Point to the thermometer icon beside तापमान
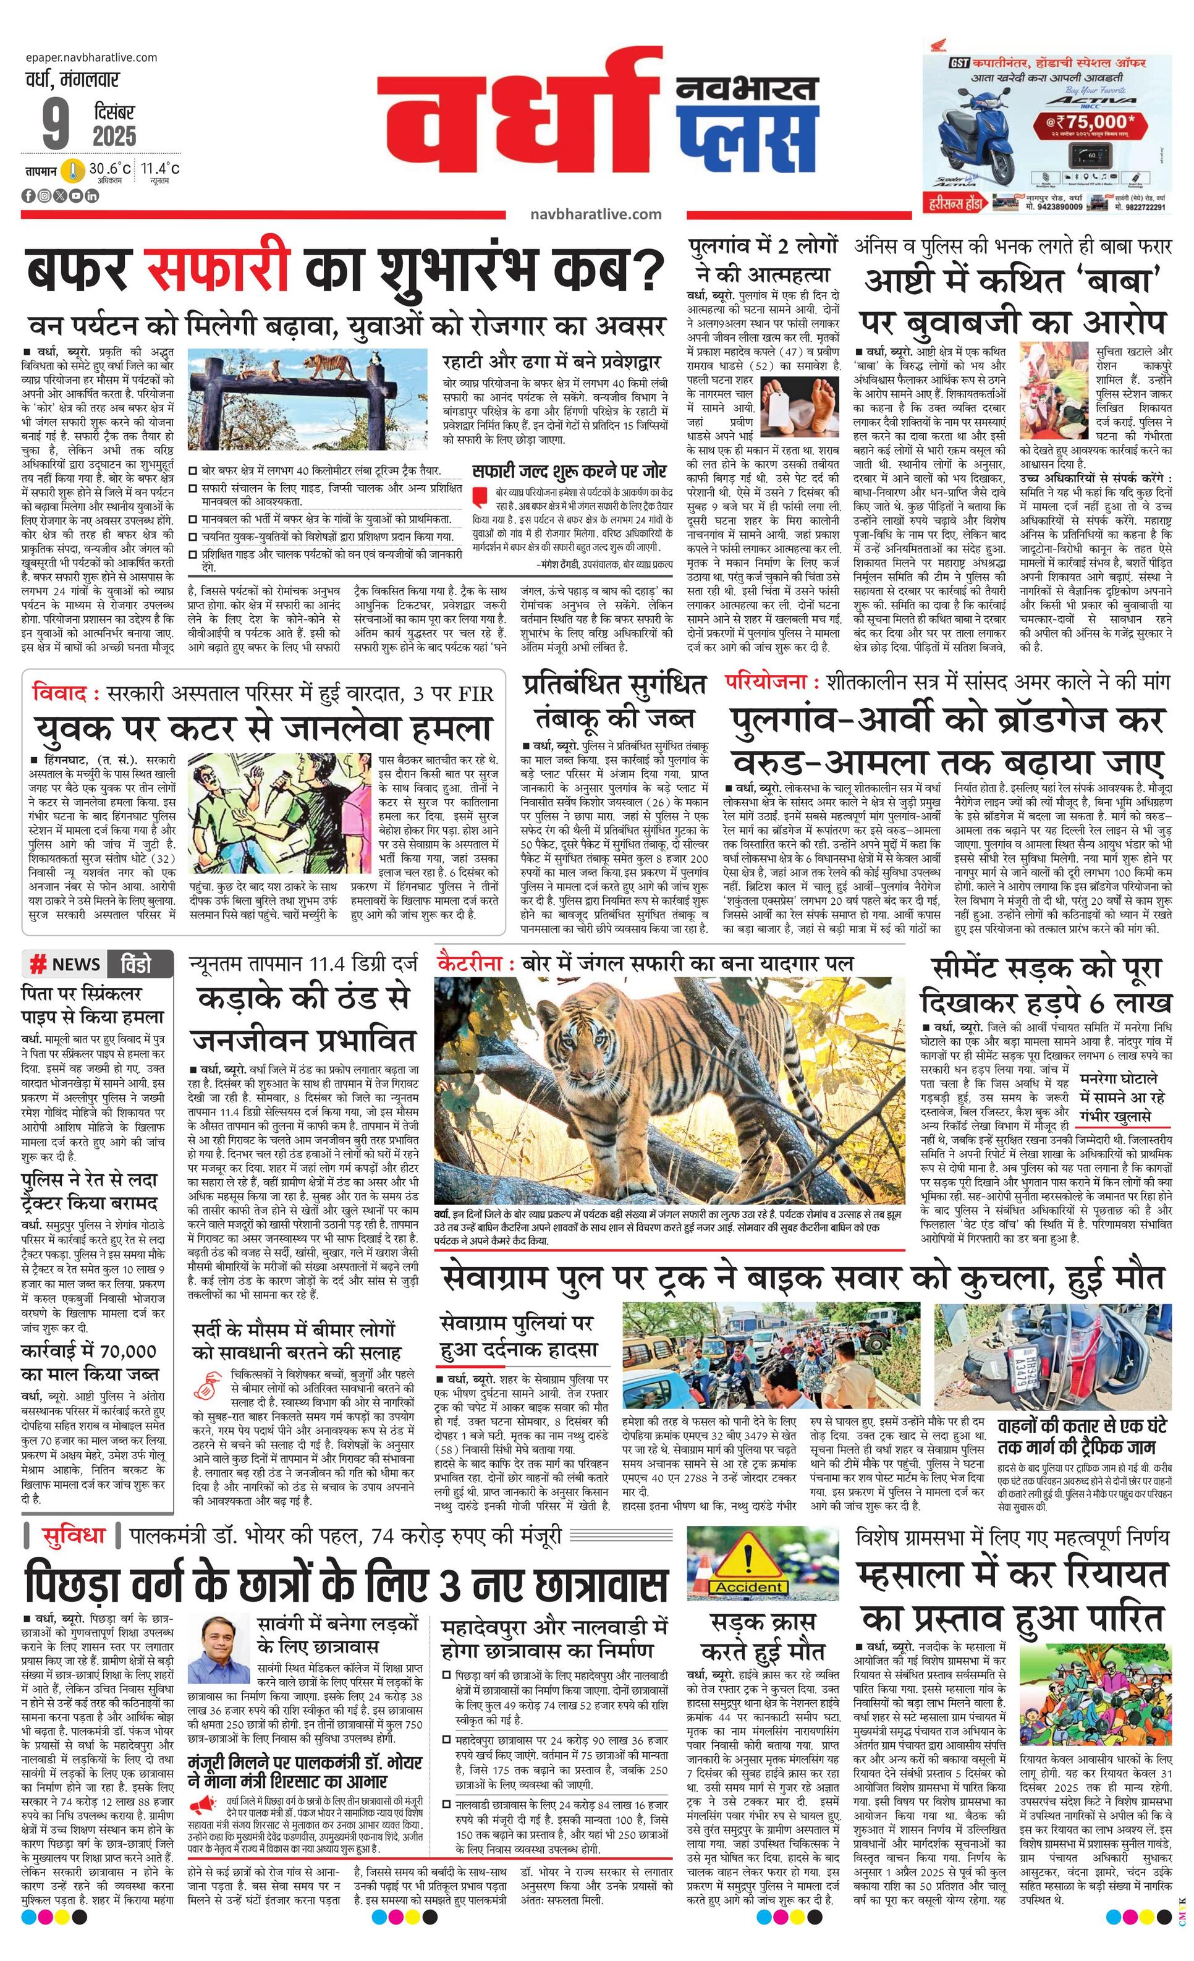73,171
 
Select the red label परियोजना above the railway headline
766,682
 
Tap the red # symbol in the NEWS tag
36,965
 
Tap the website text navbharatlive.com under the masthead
595,213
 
